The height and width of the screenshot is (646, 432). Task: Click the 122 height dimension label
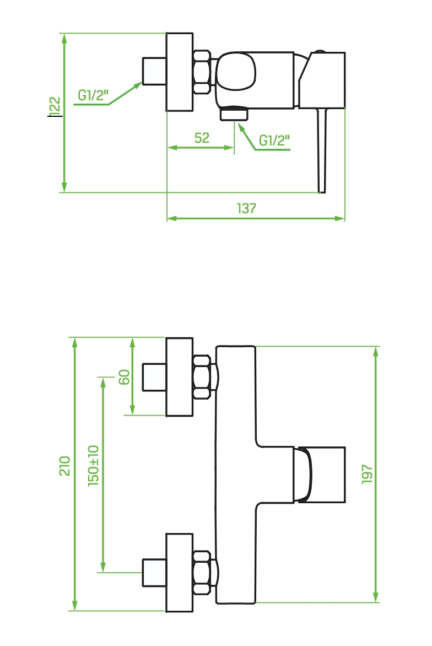click(55, 105)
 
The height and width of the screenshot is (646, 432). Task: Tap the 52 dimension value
click(202, 138)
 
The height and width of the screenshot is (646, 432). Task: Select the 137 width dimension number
click(246, 208)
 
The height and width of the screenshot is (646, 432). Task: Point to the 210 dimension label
click(64, 466)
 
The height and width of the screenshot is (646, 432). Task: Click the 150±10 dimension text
click(94, 466)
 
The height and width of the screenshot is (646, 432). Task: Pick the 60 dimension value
click(124, 377)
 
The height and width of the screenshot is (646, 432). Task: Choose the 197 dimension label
click(367, 474)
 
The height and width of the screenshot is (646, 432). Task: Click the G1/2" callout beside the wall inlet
click(93, 95)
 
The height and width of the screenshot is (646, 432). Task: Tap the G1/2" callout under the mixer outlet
click(274, 141)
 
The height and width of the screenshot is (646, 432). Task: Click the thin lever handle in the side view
click(322, 150)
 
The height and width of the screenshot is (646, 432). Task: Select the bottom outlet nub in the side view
click(234, 114)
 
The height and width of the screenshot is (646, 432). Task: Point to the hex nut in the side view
click(202, 72)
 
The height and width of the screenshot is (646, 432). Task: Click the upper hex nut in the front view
click(202, 377)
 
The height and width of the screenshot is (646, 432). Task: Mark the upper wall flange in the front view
click(180, 377)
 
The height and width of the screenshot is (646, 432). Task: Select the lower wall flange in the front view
click(180, 573)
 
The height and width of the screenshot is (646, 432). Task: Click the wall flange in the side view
click(180, 72)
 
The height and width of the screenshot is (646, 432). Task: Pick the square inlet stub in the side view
click(154, 71)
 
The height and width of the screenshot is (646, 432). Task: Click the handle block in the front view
click(320, 475)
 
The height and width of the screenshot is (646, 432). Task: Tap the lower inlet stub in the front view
click(154, 573)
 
